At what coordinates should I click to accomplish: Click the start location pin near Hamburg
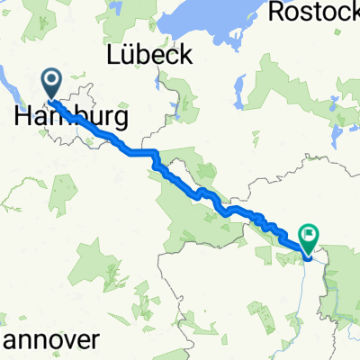(50, 85)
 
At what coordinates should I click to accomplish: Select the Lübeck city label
(149, 54)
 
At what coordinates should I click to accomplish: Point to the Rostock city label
(311, 12)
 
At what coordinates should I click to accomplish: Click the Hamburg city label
(71, 117)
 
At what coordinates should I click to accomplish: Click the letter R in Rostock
(274, 12)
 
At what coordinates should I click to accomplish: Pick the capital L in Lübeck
(113, 54)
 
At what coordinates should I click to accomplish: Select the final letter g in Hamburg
(119, 120)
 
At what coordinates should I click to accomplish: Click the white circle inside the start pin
(50, 82)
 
